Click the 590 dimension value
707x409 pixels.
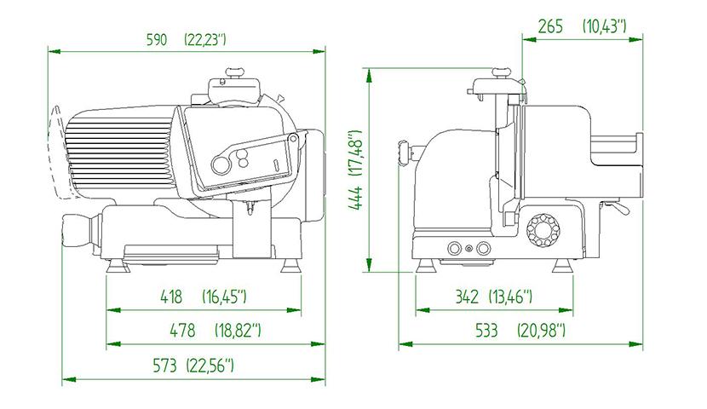(157, 40)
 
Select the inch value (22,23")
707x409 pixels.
(204, 40)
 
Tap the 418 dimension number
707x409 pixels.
(171, 297)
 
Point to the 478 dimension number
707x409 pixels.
(182, 331)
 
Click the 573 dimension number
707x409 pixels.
(165, 365)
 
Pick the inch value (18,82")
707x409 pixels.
(238, 331)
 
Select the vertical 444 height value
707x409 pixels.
(356, 198)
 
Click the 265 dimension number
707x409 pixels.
(550, 26)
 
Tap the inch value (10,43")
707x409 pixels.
(605, 26)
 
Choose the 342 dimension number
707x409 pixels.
(467, 297)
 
